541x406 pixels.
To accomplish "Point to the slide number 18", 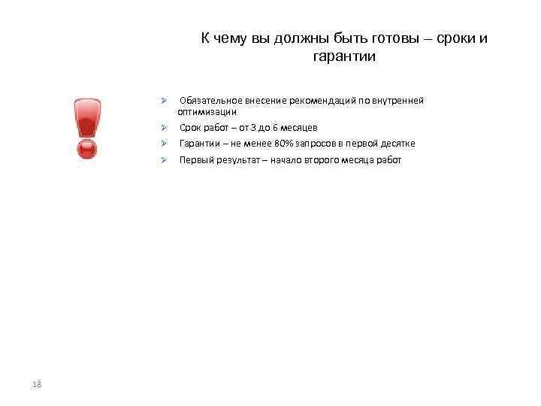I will pyautogui.click(x=37, y=385).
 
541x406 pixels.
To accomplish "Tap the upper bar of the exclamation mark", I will pyautogui.click(x=87, y=117).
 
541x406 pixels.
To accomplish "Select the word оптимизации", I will pyautogui.click(x=207, y=111).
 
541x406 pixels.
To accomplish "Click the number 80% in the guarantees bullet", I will pyautogui.click(x=284, y=144).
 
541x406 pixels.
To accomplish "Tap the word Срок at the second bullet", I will pyautogui.click(x=189, y=128).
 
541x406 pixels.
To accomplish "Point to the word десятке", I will pyautogui.click(x=397, y=144).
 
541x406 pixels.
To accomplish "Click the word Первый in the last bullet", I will pyautogui.click(x=195, y=160).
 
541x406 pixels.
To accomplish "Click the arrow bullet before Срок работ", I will pyautogui.click(x=162, y=128).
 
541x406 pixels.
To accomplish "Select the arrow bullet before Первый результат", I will pyautogui.click(x=162, y=160).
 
